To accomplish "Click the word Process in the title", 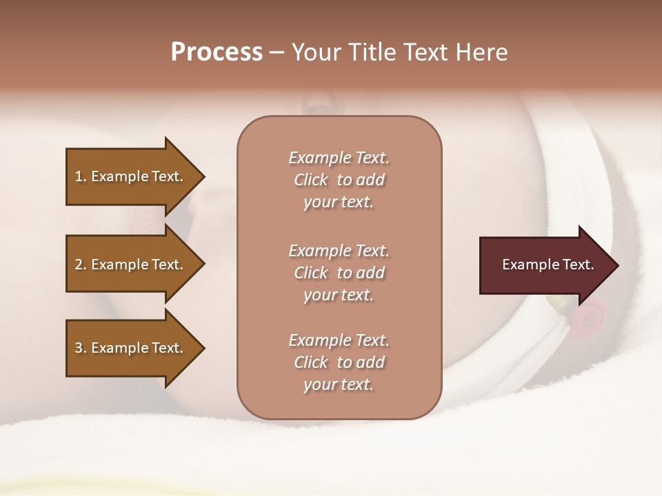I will [217, 52].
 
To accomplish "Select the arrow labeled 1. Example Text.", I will [131, 176].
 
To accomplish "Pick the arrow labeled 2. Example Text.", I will [131, 265].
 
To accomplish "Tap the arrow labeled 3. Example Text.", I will [131, 348].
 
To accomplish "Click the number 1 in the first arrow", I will [79, 176].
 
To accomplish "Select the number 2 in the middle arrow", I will [79, 265].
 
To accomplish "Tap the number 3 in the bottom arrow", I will [79, 348].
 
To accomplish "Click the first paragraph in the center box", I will [339, 180].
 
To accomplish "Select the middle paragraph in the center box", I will [339, 273].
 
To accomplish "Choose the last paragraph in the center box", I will [339, 362].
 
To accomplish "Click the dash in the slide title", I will [277, 53].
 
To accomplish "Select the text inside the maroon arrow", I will [548, 265].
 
